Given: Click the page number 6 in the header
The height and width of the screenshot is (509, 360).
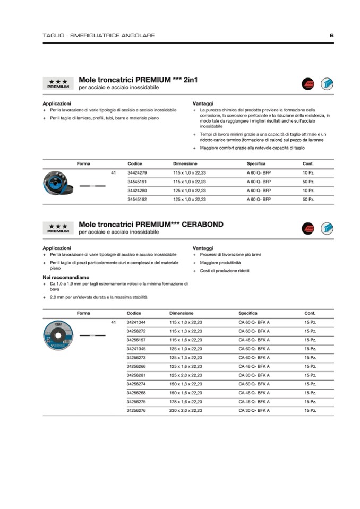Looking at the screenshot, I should pyautogui.click(x=331, y=36).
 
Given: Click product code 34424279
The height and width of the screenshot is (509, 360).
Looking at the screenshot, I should pyautogui.click(x=138, y=173).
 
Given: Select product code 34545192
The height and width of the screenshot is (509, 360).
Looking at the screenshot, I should pyautogui.click(x=138, y=199).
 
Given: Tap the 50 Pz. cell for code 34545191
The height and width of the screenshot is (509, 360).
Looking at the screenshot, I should pyautogui.click(x=308, y=182).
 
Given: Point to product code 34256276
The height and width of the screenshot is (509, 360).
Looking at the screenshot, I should pyautogui.click(x=136, y=410).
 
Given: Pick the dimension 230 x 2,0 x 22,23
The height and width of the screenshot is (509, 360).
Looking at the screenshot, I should pyautogui.click(x=186, y=410).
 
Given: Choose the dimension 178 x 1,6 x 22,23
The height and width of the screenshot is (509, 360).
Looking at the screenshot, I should pyautogui.click(x=186, y=402).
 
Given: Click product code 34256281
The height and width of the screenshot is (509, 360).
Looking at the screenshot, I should pyautogui.click(x=136, y=375).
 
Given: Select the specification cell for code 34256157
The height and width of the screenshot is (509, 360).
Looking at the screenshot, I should pyautogui.click(x=254, y=340).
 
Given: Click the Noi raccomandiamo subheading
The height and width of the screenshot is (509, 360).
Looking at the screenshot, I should pyautogui.click(x=66, y=277).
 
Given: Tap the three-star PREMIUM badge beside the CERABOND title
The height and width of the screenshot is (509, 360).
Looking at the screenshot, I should pyautogui.click(x=58, y=229).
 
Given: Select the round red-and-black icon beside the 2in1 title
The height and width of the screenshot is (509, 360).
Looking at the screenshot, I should pyautogui.click(x=308, y=83).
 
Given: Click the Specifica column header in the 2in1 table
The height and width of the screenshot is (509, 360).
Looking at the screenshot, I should pyautogui.click(x=256, y=163).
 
